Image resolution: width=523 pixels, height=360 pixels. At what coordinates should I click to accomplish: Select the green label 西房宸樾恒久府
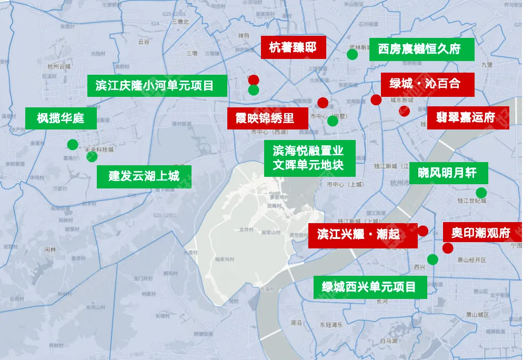click(x=419, y=49)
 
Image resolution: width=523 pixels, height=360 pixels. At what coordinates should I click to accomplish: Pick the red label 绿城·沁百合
click(x=425, y=84)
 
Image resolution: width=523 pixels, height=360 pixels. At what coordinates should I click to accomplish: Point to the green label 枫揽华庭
click(x=61, y=118)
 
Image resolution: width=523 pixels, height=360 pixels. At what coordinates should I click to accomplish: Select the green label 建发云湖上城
click(x=144, y=176)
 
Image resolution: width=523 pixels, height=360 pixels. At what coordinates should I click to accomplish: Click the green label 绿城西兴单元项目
click(x=369, y=287)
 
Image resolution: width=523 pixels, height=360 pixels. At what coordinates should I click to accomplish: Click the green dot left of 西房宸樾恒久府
click(x=353, y=54)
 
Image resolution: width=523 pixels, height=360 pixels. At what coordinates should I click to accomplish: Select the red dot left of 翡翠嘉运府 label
click(x=404, y=111)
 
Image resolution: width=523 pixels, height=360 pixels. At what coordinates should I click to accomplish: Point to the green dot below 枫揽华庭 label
click(x=73, y=145)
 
